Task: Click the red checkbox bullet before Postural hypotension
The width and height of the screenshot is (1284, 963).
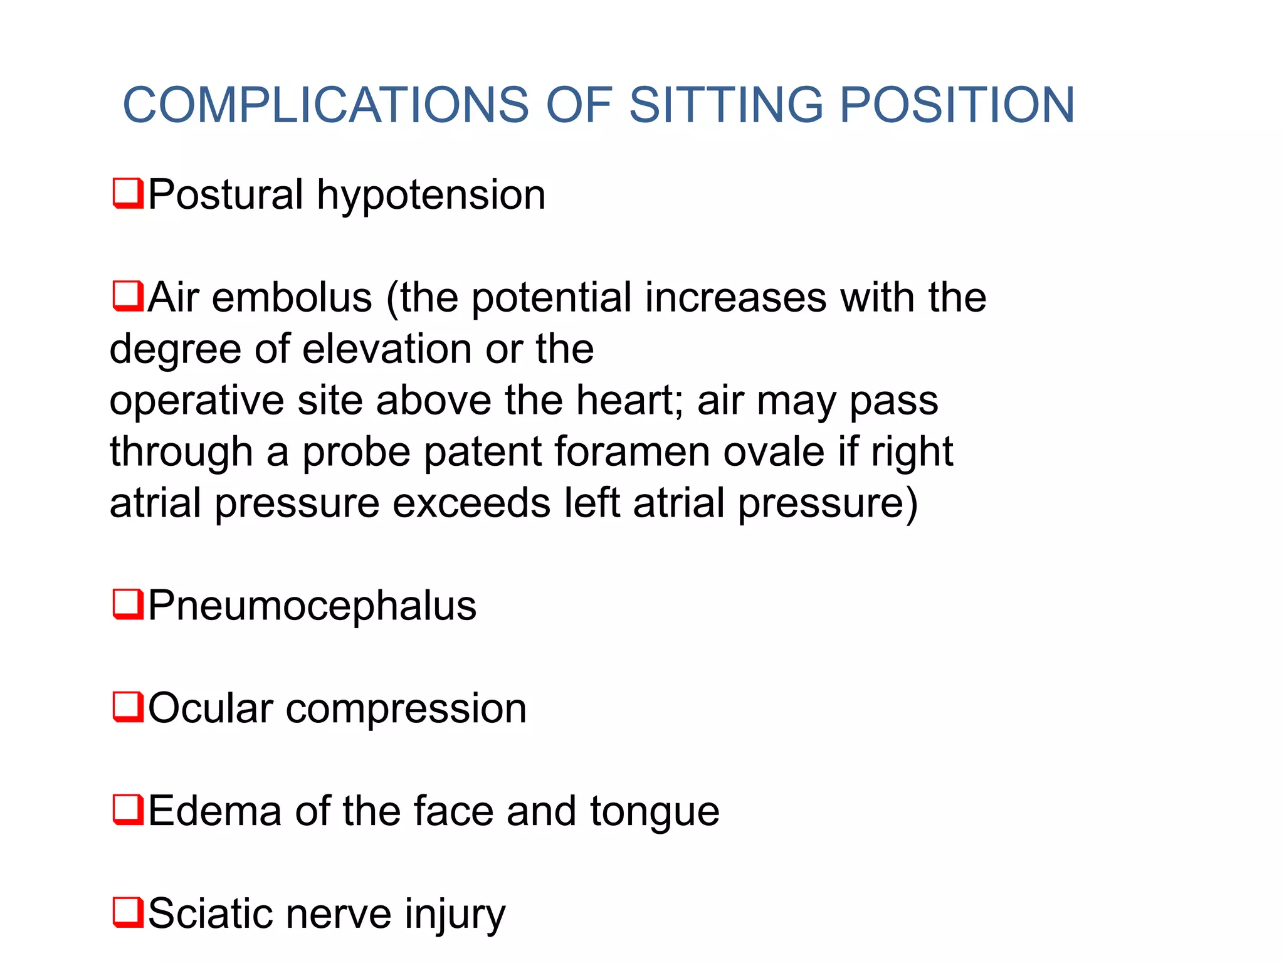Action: [x=128, y=194]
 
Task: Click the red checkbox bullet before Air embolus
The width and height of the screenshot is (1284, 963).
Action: [x=128, y=297]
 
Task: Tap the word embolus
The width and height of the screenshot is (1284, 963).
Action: [x=292, y=297]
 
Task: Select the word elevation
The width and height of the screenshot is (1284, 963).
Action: [x=387, y=349]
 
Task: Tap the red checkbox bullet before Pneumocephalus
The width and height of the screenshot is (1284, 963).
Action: [x=128, y=604]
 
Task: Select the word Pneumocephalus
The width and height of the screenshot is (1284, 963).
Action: [x=312, y=607]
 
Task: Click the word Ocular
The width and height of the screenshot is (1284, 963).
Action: [x=211, y=708]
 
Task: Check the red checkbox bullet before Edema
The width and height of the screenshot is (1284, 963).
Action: [x=128, y=810]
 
